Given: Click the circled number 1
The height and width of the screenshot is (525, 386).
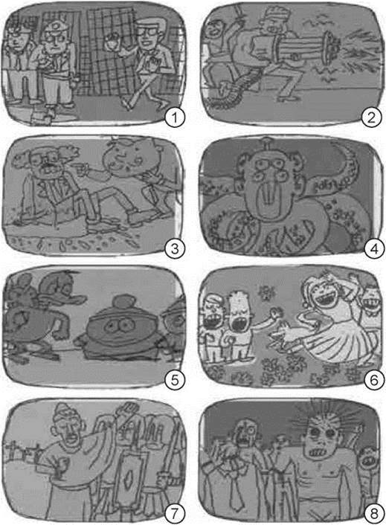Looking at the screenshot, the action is pyautogui.click(x=175, y=117).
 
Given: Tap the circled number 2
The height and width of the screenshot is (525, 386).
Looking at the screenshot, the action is pyautogui.click(x=371, y=117).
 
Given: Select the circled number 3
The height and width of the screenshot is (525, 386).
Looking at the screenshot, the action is pyautogui.click(x=175, y=249).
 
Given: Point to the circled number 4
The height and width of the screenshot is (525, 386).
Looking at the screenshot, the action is pyautogui.click(x=373, y=249).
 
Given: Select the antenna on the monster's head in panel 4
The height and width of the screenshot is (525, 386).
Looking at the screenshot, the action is pyautogui.click(x=266, y=143).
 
